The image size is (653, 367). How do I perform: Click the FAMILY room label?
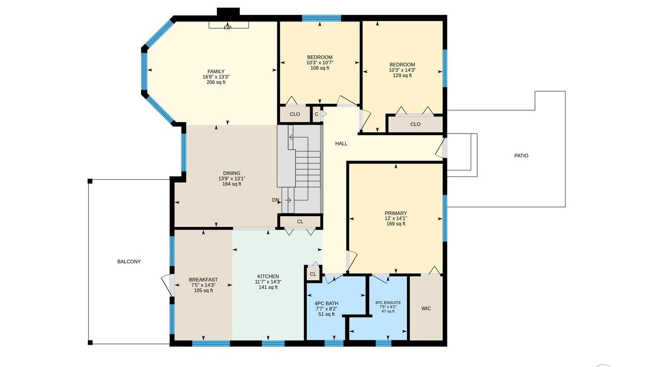click(x=216, y=71)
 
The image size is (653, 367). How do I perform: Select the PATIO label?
click(x=521, y=156)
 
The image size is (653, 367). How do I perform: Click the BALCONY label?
click(x=129, y=261)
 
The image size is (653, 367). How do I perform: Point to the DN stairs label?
click(x=275, y=200)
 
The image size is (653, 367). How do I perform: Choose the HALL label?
click(x=341, y=143)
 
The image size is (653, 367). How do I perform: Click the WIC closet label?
click(x=426, y=308)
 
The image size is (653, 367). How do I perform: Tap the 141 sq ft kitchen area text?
click(x=268, y=287)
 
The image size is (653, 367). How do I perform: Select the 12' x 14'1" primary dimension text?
click(x=396, y=219)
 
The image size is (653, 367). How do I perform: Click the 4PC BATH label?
click(x=326, y=303)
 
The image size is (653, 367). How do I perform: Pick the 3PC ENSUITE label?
click(x=388, y=302)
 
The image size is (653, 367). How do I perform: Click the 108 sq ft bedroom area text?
click(x=320, y=68)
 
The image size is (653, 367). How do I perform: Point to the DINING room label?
click(x=232, y=173)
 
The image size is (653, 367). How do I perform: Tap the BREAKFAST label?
click(x=203, y=280)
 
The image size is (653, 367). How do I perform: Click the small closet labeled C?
click(x=317, y=114)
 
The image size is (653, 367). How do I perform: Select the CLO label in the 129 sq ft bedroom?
click(x=415, y=124)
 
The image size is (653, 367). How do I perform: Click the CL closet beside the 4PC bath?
click(x=313, y=274)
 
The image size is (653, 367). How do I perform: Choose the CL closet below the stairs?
click(x=300, y=222)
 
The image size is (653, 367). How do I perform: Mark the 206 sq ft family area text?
click(x=216, y=82)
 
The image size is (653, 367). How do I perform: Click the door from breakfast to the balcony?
click(x=168, y=285)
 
